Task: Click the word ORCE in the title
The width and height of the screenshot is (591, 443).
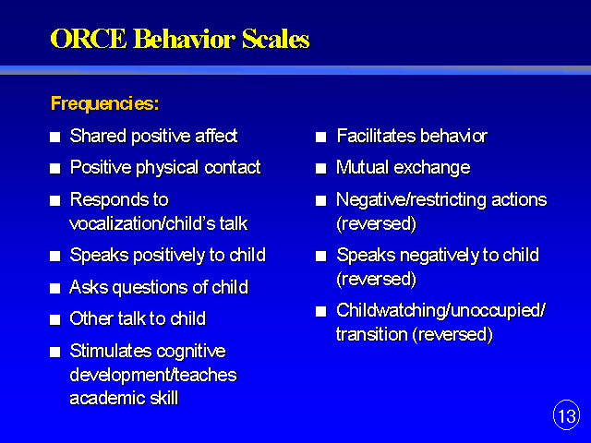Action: pyautogui.click(x=89, y=39)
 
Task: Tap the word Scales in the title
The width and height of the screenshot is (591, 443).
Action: pyautogui.click(x=275, y=39)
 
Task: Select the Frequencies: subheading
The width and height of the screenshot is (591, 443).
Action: pyautogui.click(x=104, y=103)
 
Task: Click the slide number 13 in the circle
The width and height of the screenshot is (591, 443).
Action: pyautogui.click(x=566, y=416)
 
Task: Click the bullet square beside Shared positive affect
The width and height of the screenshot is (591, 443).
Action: pyautogui.click(x=55, y=137)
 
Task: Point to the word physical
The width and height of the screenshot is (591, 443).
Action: pyautogui.click(x=167, y=168)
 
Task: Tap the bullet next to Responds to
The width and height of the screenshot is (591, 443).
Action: pyautogui.click(x=55, y=200)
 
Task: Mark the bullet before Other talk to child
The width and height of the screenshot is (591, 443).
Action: pyautogui.click(x=55, y=320)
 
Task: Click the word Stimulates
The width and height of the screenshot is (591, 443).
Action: pyautogui.click(x=111, y=351)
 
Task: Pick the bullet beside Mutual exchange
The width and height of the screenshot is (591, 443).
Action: pyautogui.click(x=320, y=168)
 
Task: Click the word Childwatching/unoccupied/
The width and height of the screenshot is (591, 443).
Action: pyautogui.click(x=440, y=311)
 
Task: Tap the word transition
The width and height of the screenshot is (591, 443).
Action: pyautogui.click(x=371, y=334)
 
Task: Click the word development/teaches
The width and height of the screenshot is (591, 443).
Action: pyautogui.click(x=153, y=376)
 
